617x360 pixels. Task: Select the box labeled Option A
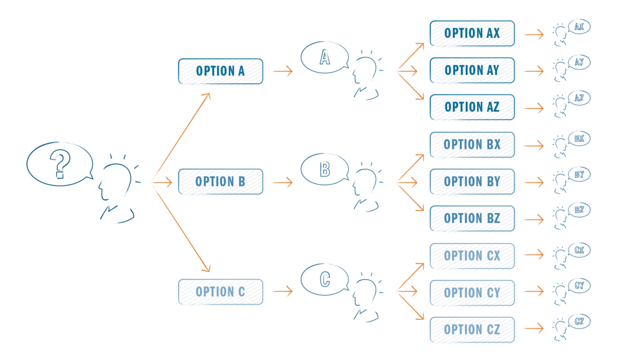tap(221, 71)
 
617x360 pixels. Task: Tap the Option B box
tap(221, 182)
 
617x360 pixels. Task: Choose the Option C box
tap(221, 292)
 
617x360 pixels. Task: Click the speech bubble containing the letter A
tap(325, 58)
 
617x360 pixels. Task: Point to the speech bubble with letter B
tap(325, 169)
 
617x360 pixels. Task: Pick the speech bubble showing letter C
tap(325, 279)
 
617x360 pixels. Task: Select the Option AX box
tap(472, 34)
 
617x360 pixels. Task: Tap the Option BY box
tap(472, 182)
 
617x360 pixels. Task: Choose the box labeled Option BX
tap(472, 145)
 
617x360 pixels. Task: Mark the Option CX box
tap(472, 256)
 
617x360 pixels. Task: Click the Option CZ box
tap(472, 330)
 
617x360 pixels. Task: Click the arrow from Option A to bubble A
tap(281, 71)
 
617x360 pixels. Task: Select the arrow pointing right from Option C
tap(281, 292)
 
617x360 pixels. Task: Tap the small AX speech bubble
tap(580, 27)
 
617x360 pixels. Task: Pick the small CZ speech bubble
tap(580, 321)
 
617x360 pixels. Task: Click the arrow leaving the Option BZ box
tap(533, 219)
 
